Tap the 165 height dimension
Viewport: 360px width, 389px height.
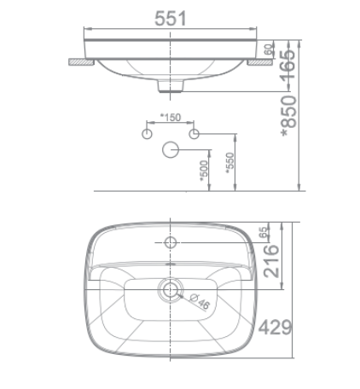tap(290, 64)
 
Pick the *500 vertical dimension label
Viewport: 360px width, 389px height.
tap(204, 168)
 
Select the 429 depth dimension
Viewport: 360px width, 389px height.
tap(276, 327)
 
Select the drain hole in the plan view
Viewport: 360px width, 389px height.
tap(171, 289)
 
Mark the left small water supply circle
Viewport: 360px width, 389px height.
tap(147, 135)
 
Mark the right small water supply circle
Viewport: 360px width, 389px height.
tap(194, 135)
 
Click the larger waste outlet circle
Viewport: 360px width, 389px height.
tap(171, 151)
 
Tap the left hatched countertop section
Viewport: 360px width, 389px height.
tap(82, 61)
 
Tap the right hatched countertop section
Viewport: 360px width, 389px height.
tap(258, 61)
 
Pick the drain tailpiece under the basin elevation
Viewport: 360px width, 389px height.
tap(171, 86)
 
